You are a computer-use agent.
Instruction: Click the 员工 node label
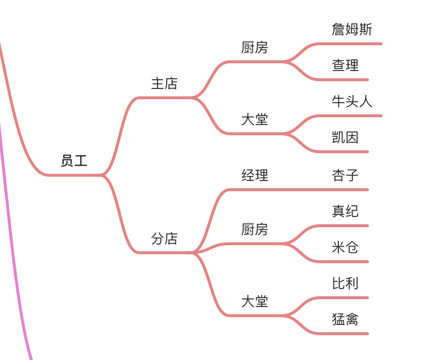pyautogui.click(x=74, y=161)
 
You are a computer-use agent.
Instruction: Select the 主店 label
pyautogui.click(x=164, y=83)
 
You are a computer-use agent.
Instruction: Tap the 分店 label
pyautogui.click(x=164, y=238)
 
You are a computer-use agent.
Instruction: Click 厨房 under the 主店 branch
pyautogui.click(x=255, y=47)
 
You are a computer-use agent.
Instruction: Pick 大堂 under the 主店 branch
pyautogui.click(x=255, y=119)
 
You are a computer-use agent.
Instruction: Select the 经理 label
pyautogui.click(x=255, y=175)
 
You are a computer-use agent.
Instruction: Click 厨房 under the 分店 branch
pyautogui.click(x=255, y=229)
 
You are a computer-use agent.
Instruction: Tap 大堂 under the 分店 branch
pyautogui.click(x=255, y=301)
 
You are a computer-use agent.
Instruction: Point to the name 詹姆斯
pyautogui.click(x=352, y=29)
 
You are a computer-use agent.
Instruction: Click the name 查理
pyautogui.click(x=345, y=65)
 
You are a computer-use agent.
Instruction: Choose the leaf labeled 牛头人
pyautogui.click(x=352, y=101)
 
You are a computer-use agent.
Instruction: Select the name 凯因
pyautogui.click(x=345, y=137)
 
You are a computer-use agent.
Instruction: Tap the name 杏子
pyautogui.click(x=345, y=175)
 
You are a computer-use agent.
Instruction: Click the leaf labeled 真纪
pyautogui.click(x=345, y=211)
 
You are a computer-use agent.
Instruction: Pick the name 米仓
pyautogui.click(x=345, y=247)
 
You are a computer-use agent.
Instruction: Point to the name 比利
pyautogui.click(x=345, y=283)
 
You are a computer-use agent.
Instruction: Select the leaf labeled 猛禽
pyautogui.click(x=345, y=319)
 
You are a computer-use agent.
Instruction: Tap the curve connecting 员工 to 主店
pyautogui.click(x=120, y=137)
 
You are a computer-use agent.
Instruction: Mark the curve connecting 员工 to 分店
pyautogui.click(x=120, y=214)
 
